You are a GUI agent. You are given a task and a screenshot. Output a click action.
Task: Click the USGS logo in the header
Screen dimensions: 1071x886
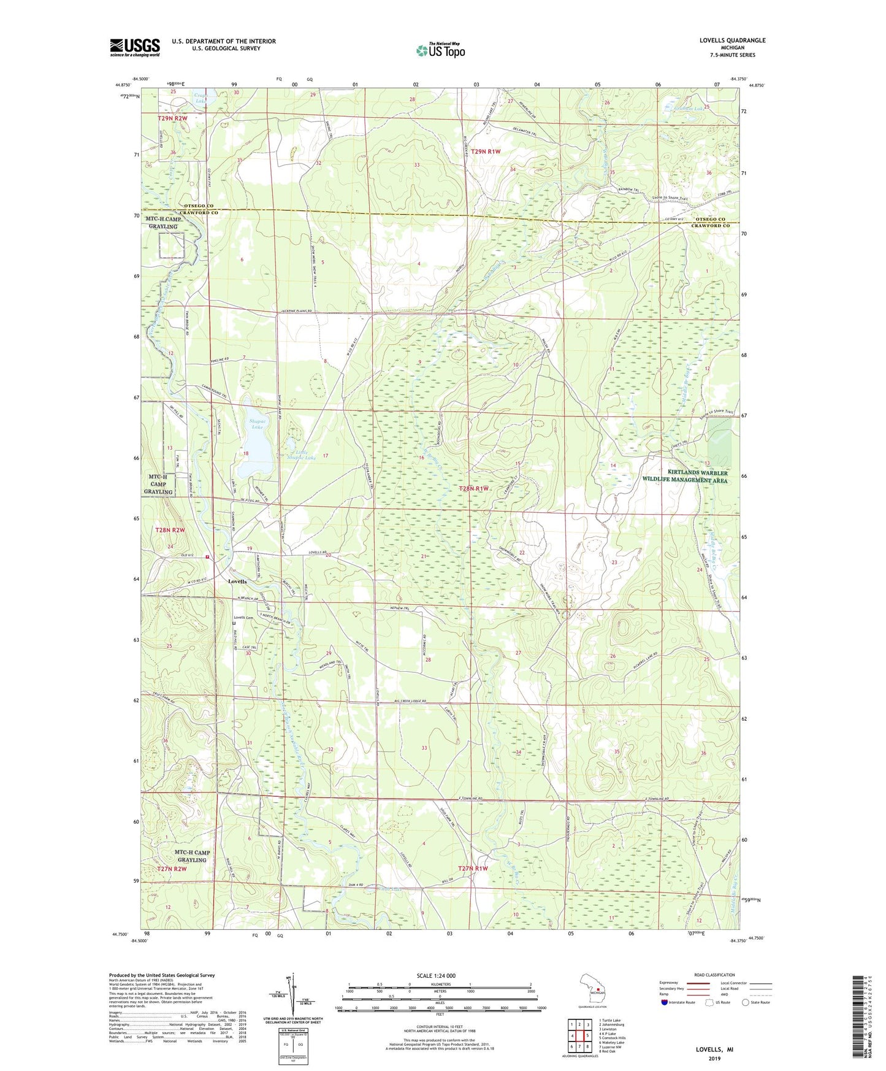pos(135,47)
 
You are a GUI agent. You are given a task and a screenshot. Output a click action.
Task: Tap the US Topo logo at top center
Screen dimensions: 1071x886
pos(440,50)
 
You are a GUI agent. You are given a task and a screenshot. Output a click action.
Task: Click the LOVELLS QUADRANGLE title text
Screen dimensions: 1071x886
pos(732,40)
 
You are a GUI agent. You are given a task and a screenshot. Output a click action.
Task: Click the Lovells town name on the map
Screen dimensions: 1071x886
pos(237,581)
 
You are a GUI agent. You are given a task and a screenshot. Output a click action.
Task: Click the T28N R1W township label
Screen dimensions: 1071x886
pos(474,488)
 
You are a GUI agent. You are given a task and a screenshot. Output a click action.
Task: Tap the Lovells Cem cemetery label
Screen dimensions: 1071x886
pos(243,618)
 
